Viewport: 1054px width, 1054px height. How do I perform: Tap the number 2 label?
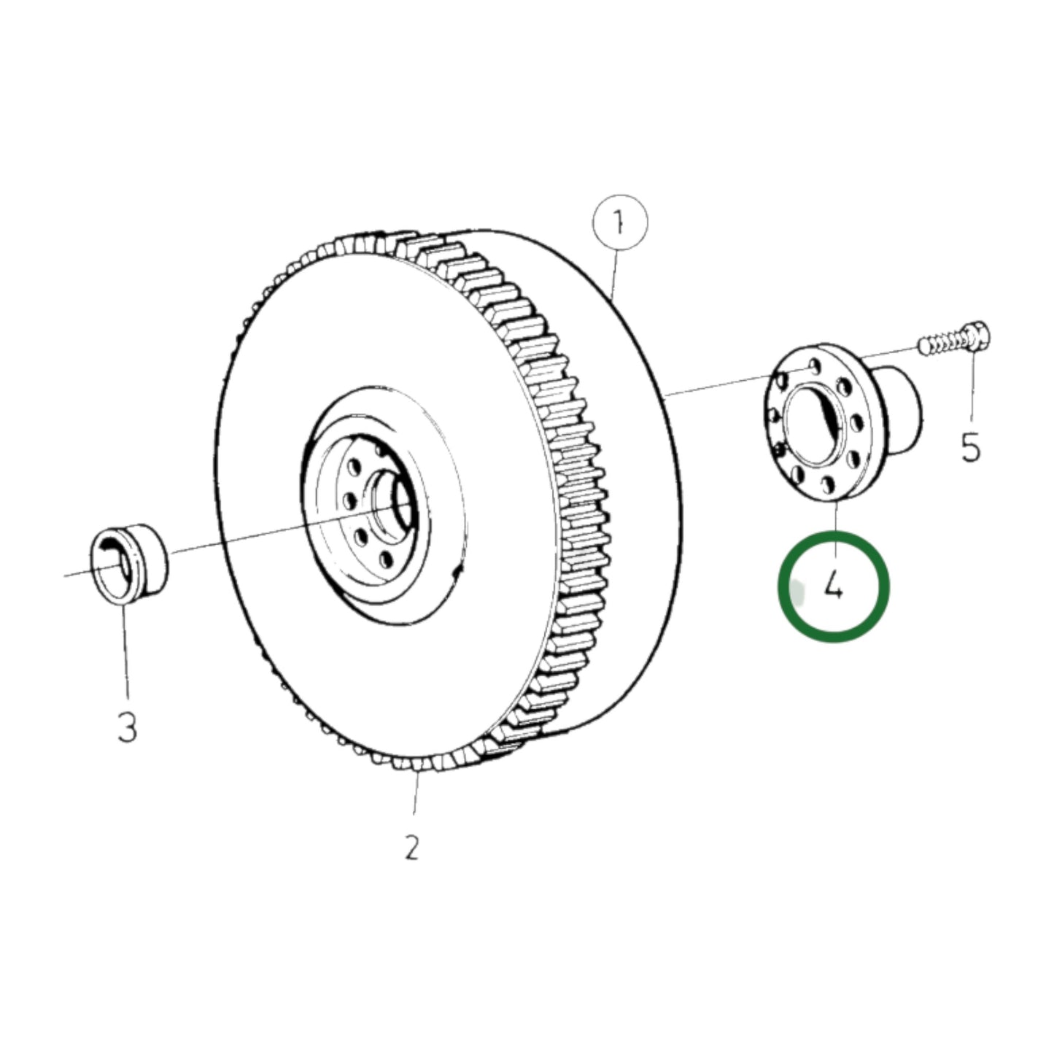coord(412,848)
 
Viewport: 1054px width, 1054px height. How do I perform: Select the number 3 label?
coord(127,727)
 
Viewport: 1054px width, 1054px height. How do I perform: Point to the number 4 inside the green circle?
coord(834,585)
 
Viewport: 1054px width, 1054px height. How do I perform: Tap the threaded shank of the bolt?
coord(941,342)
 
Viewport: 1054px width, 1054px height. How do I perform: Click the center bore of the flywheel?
coord(398,503)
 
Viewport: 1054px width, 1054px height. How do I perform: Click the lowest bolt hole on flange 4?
coord(828,484)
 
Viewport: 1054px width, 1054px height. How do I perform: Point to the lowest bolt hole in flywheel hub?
coord(384,560)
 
